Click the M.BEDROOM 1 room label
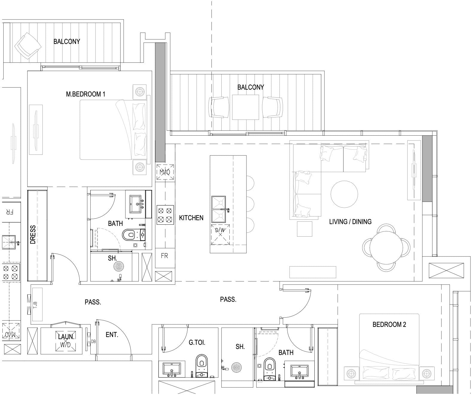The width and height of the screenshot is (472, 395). [x=86, y=94]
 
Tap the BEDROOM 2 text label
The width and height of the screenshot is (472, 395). [x=389, y=324]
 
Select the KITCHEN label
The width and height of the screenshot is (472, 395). [x=191, y=218]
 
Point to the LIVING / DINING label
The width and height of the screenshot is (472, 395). [x=350, y=221]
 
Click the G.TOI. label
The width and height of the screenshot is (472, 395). [x=197, y=343]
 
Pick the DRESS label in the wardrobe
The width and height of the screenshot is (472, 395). [x=33, y=235]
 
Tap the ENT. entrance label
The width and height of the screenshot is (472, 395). [x=112, y=335]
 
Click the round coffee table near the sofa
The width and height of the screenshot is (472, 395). [x=344, y=194]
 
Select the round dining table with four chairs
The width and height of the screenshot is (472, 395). [x=386, y=247]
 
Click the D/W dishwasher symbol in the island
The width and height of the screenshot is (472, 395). [x=220, y=235]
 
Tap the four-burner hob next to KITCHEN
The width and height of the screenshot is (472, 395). [x=165, y=215]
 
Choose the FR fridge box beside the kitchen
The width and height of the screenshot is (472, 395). [x=165, y=258]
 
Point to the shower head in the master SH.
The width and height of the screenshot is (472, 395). [x=119, y=266]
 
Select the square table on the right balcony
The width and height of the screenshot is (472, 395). [x=246, y=107]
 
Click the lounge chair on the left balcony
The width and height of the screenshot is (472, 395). [x=28, y=46]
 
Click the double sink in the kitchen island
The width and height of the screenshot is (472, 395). [x=219, y=209]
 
